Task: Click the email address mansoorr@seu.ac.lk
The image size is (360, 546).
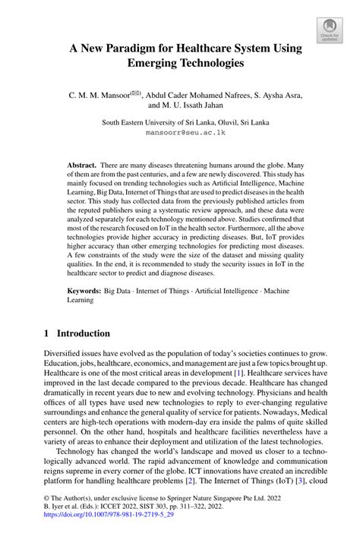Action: (180, 132)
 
